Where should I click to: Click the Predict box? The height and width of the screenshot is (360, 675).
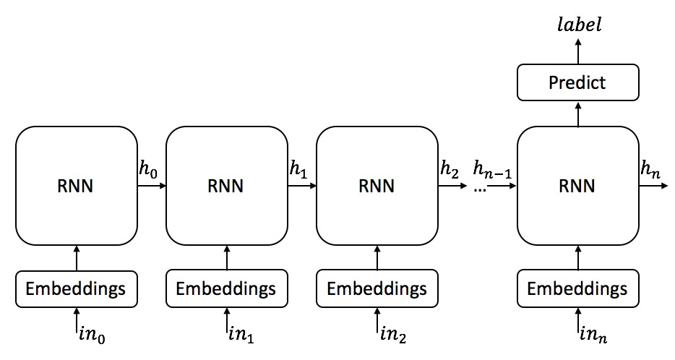577,82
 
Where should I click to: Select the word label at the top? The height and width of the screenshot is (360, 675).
577,26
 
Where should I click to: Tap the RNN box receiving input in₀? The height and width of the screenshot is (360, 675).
76,186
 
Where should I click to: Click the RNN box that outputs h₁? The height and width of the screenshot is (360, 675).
226,186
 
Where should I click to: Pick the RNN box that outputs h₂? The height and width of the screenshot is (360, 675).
377,186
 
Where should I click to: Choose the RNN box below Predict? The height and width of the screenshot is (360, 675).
577,186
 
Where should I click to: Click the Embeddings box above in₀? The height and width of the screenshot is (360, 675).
76,289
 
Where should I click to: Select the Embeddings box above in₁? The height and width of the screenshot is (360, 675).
226,289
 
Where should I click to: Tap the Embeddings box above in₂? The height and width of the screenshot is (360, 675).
377,289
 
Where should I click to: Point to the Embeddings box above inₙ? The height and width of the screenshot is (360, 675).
577,289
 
